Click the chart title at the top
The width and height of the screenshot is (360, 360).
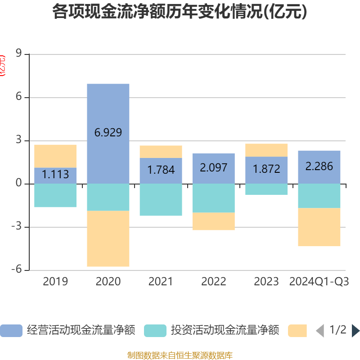tap(180, 12)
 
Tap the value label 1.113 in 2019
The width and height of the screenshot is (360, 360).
tap(55, 175)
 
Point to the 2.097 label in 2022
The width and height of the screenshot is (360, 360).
tap(214, 168)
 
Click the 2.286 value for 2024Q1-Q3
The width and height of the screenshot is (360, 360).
tap(319, 166)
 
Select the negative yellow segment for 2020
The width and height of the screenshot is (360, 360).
tap(108, 238)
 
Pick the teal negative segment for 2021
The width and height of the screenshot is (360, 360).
tap(161, 200)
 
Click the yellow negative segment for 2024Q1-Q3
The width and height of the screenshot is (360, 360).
tap(319, 227)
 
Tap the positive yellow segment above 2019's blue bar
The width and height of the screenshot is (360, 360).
tap(55, 156)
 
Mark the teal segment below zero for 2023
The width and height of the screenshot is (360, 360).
tap(266, 189)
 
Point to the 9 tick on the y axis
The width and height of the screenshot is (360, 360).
tap(18, 54)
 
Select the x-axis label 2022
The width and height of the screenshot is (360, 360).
tap(214, 282)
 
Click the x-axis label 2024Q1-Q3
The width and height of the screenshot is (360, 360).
tap(319, 282)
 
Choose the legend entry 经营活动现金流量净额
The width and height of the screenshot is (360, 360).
tap(67, 330)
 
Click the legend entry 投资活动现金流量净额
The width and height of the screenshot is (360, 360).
tap(211, 330)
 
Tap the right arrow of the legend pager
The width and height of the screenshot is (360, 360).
tap(355, 331)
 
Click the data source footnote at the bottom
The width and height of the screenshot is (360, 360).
tap(180, 355)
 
